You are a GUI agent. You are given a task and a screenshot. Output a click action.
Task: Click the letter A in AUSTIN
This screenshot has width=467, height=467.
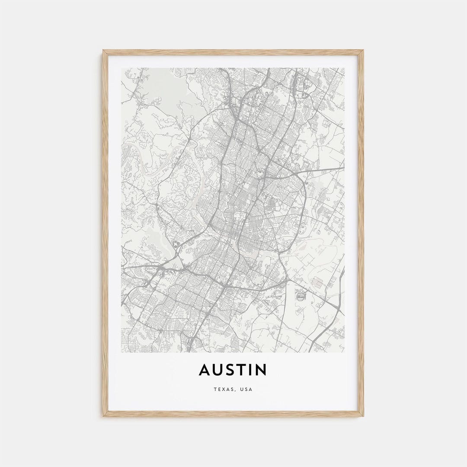point(205,370)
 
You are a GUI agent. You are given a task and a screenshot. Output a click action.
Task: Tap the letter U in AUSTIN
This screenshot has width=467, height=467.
point(219,370)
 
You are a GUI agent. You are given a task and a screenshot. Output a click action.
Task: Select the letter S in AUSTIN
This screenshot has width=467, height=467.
point(232,370)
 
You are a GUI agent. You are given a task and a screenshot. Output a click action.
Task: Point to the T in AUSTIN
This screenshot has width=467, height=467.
point(244,370)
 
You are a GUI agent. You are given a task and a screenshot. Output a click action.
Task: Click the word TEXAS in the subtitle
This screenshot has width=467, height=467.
point(223,389)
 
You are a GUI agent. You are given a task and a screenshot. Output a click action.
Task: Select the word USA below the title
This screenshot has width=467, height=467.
point(246,389)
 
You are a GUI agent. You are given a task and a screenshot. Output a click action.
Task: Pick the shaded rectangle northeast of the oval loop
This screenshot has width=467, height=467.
point(318,282)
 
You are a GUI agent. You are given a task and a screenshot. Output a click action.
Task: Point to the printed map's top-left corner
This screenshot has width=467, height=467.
point(122,68)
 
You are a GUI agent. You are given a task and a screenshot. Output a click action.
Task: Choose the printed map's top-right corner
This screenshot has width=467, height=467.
point(345,68)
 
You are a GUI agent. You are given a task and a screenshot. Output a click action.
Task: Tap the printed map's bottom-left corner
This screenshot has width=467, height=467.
point(122,352)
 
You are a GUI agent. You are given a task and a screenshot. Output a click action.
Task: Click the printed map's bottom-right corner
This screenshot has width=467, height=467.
point(345,352)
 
